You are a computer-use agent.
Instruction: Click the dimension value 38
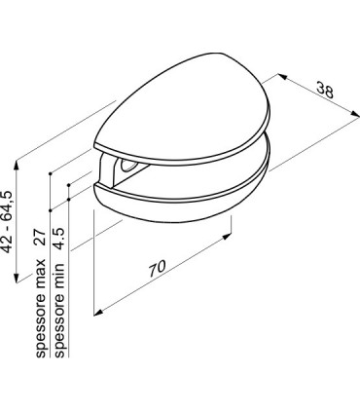click(325, 90)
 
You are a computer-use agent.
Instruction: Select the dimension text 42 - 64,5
click(7, 222)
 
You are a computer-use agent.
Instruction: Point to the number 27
click(40, 238)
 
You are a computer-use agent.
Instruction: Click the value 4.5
click(59, 239)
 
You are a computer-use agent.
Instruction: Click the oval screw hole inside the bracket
click(127, 165)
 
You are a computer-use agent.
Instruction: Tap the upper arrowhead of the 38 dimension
click(282, 77)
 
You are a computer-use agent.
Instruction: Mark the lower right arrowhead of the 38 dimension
click(355, 113)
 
